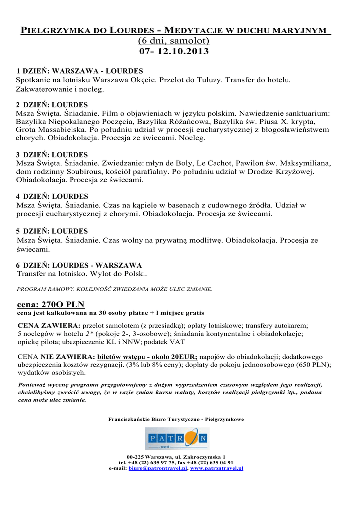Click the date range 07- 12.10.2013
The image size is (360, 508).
point(173,51)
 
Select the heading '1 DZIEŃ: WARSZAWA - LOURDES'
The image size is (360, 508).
point(79,71)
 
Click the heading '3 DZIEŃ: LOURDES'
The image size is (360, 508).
point(52,155)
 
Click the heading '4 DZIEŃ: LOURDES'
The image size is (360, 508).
point(52,196)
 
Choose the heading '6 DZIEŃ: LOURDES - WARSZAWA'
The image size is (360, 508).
point(79,265)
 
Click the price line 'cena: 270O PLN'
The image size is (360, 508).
point(51,304)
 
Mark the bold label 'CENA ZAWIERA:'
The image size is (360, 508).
point(49,325)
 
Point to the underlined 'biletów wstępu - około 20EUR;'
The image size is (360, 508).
point(147,356)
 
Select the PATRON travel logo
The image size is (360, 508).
point(177,439)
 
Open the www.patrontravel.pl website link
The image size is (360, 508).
point(216,468)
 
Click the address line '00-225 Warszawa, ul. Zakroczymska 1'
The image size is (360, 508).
point(176,456)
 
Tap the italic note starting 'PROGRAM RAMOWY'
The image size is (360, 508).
point(115,288)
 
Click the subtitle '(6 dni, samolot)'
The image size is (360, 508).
point(173,41)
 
